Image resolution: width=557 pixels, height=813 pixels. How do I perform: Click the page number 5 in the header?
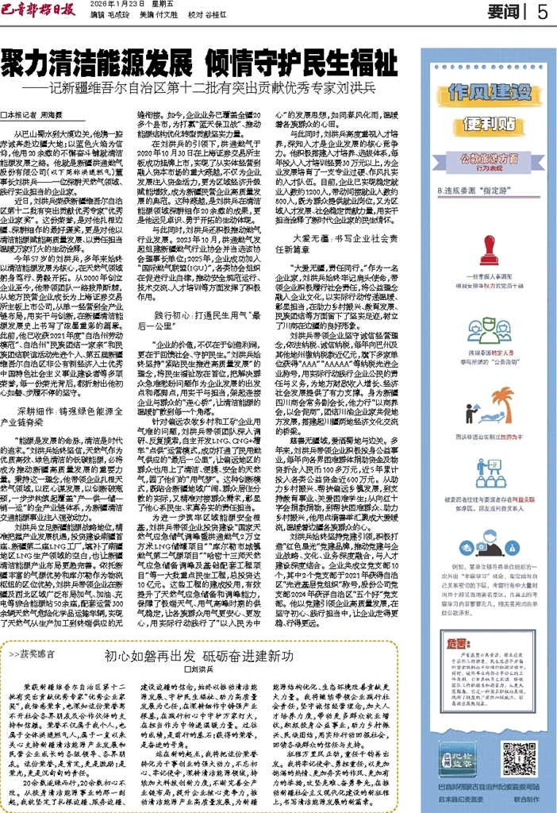click(x=542, y=13)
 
